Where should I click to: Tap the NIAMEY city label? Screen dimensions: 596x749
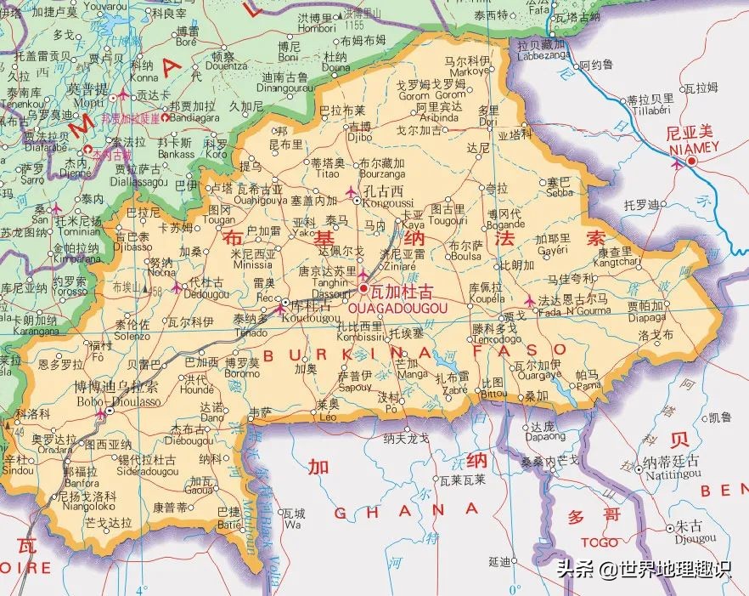coord(692,147)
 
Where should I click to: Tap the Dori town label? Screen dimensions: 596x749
coord(488,122)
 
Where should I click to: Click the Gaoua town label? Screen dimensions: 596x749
coord(200,490)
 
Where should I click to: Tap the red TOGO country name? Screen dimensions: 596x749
coord(600,542)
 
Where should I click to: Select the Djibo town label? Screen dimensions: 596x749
coord(360,135)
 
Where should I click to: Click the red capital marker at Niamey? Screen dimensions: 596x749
coord(692,161)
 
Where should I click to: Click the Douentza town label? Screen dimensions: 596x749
coord(226,65)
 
